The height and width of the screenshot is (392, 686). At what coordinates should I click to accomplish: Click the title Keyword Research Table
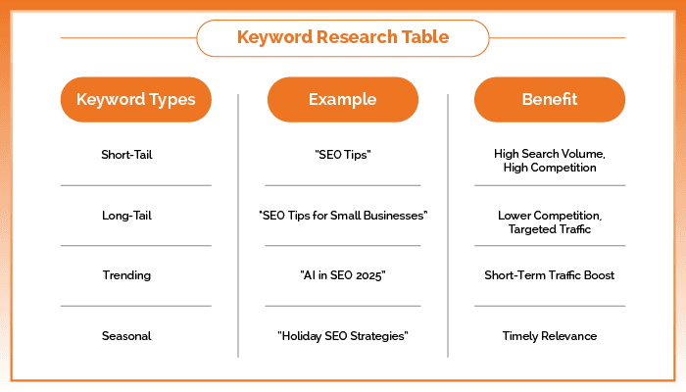(342, 38)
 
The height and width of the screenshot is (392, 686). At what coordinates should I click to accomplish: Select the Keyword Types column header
(135, 100)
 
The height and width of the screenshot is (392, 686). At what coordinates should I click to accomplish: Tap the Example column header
(342, 100)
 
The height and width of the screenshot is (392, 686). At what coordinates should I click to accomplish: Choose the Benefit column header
(549, 100)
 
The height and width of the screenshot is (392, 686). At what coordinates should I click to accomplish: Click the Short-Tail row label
(126, 155)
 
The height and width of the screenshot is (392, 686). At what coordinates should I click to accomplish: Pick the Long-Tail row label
(126, 215)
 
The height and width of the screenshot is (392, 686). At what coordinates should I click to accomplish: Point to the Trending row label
(126, 275)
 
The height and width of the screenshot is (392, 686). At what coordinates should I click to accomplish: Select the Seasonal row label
(126, 336)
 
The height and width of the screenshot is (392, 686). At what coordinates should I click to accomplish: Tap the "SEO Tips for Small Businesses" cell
(343, 215)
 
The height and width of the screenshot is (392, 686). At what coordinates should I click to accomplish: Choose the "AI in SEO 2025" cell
(343, 275)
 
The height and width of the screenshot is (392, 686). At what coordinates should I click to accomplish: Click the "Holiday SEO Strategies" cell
(343, 336)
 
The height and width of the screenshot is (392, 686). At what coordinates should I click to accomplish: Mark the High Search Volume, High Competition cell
(549, 161)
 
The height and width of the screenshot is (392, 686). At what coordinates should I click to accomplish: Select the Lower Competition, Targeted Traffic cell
(549, 220)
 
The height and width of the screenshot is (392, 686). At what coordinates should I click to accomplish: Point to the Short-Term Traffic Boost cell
(549, 275)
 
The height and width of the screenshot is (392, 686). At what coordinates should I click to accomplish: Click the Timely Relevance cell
(549, 336)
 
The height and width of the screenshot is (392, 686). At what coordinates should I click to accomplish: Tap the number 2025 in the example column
(368, 275)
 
